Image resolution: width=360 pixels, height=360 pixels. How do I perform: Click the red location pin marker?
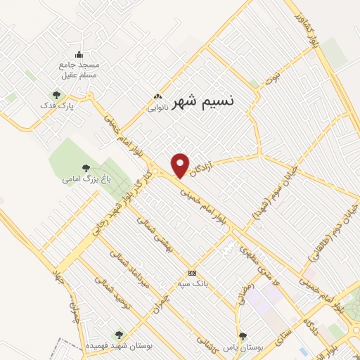(x=181, y=165)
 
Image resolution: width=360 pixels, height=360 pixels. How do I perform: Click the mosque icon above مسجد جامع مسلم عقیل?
(x=79, y=55)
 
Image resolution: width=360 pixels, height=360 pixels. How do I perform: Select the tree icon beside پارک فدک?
(x=56, y=94)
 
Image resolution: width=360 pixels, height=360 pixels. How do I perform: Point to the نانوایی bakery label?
(x=156, y=108)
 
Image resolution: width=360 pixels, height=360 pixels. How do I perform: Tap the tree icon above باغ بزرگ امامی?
(x=86, y=168)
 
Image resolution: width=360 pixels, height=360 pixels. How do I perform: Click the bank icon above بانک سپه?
(x=191, y=273)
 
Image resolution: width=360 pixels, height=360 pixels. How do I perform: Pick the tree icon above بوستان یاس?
(x=243, y=336)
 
